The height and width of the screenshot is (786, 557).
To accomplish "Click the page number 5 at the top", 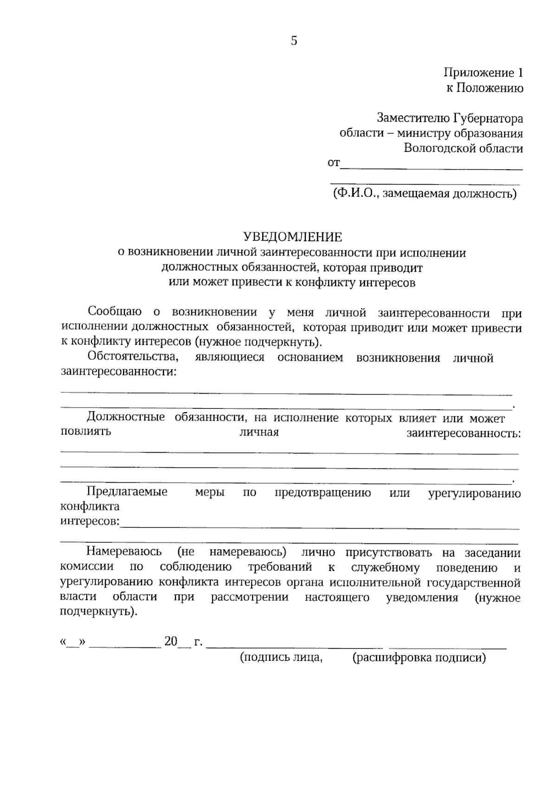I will (x=294, y=41).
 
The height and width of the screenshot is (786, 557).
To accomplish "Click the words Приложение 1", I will (x=483, y=73).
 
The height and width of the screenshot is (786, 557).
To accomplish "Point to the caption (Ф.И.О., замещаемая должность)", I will (x=424, y=193).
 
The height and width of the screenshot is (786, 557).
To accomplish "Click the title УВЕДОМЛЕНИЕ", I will (x=292, y=237).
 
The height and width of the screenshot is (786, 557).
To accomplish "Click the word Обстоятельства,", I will (x=132, y=358).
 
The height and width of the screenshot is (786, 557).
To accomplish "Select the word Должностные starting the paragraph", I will (x=126, y=417).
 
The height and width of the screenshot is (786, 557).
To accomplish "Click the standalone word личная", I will (x=259, y=433).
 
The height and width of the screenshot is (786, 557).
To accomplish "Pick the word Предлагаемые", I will (x=127, y=492).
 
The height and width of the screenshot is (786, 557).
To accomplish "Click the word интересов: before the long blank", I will (x=90, y=522).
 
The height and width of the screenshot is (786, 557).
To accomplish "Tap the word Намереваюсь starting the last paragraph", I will (x=124, y=552).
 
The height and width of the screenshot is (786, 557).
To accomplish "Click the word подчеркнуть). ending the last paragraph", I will (x=99, y=612).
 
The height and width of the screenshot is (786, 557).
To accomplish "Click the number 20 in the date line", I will (x=170, y=642).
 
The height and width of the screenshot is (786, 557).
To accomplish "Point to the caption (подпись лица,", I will (x=281, y=658).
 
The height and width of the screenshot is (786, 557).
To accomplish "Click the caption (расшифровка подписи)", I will (x=419, y=658).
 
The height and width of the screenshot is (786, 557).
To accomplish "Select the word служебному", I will (x=385, y=568).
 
